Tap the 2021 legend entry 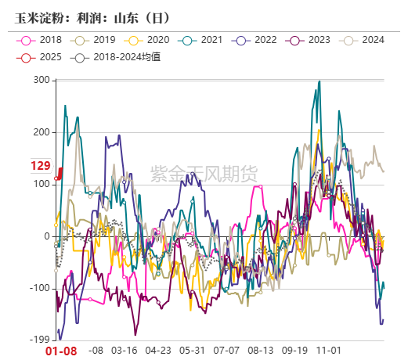tap(204, 40)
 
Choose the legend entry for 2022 tap(258, 40)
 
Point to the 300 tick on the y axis tap(42, 81)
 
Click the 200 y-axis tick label tap(42, 132)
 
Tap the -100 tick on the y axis tap(39, 288)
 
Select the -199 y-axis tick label tap(39, 340)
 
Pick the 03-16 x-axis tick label tap(125, 350)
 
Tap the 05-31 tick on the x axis tap(192, 350)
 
